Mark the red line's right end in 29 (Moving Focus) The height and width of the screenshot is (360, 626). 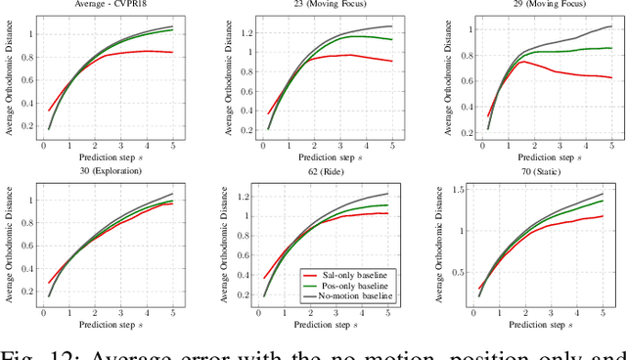(611, 77)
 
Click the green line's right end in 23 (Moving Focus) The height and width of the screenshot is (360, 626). (391, 40)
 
